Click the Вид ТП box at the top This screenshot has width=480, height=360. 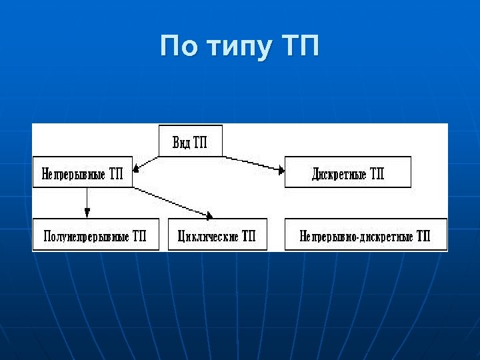(190, 141)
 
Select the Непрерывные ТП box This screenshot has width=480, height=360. (82, 173)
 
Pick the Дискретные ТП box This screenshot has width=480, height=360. (347, 173)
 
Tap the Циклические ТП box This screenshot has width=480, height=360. (217, 235)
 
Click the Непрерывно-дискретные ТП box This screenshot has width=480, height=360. (365, 235)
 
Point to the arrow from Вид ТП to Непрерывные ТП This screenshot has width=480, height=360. (146, 164)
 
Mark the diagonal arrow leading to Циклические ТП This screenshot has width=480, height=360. (173, 203)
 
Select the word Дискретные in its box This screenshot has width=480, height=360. (339, 173)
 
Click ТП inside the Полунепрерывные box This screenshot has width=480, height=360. (139, 235)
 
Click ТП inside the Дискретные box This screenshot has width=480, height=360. (377, 173)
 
